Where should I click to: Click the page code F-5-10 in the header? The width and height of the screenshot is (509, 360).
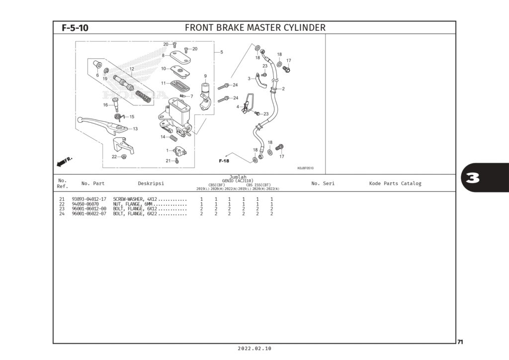click(75, 28)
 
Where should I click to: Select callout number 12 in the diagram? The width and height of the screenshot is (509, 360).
click(132, 69)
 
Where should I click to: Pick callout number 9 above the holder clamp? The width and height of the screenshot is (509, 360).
click(205, 76)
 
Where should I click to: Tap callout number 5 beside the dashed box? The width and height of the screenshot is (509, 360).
click(221, 52)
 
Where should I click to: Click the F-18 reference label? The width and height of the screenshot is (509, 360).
click(224, 161)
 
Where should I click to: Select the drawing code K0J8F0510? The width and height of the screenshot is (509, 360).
click(305, 168)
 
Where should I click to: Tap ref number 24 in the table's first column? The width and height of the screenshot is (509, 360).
click(62, 214)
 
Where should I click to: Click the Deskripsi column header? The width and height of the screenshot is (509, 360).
click(151, 183)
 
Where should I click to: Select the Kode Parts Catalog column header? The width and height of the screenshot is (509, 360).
click(395, 183)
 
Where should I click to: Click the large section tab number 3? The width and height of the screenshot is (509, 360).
click(473, 178)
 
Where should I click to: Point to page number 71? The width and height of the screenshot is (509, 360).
click(460, 342)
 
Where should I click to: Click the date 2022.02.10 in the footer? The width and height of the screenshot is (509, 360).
click(254, 349)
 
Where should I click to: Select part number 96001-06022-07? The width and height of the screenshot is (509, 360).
click(89, 214)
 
